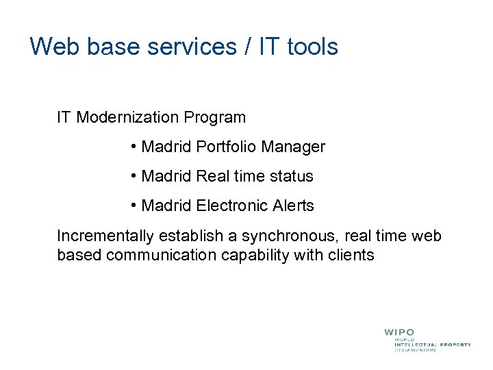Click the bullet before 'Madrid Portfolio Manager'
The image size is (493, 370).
133,147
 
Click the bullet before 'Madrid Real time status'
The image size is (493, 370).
133,176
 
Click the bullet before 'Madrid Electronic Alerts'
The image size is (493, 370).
133,206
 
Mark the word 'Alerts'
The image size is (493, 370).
292,206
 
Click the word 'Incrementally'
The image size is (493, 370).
105,236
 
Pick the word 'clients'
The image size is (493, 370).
351,256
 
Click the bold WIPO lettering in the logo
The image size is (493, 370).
399,332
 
